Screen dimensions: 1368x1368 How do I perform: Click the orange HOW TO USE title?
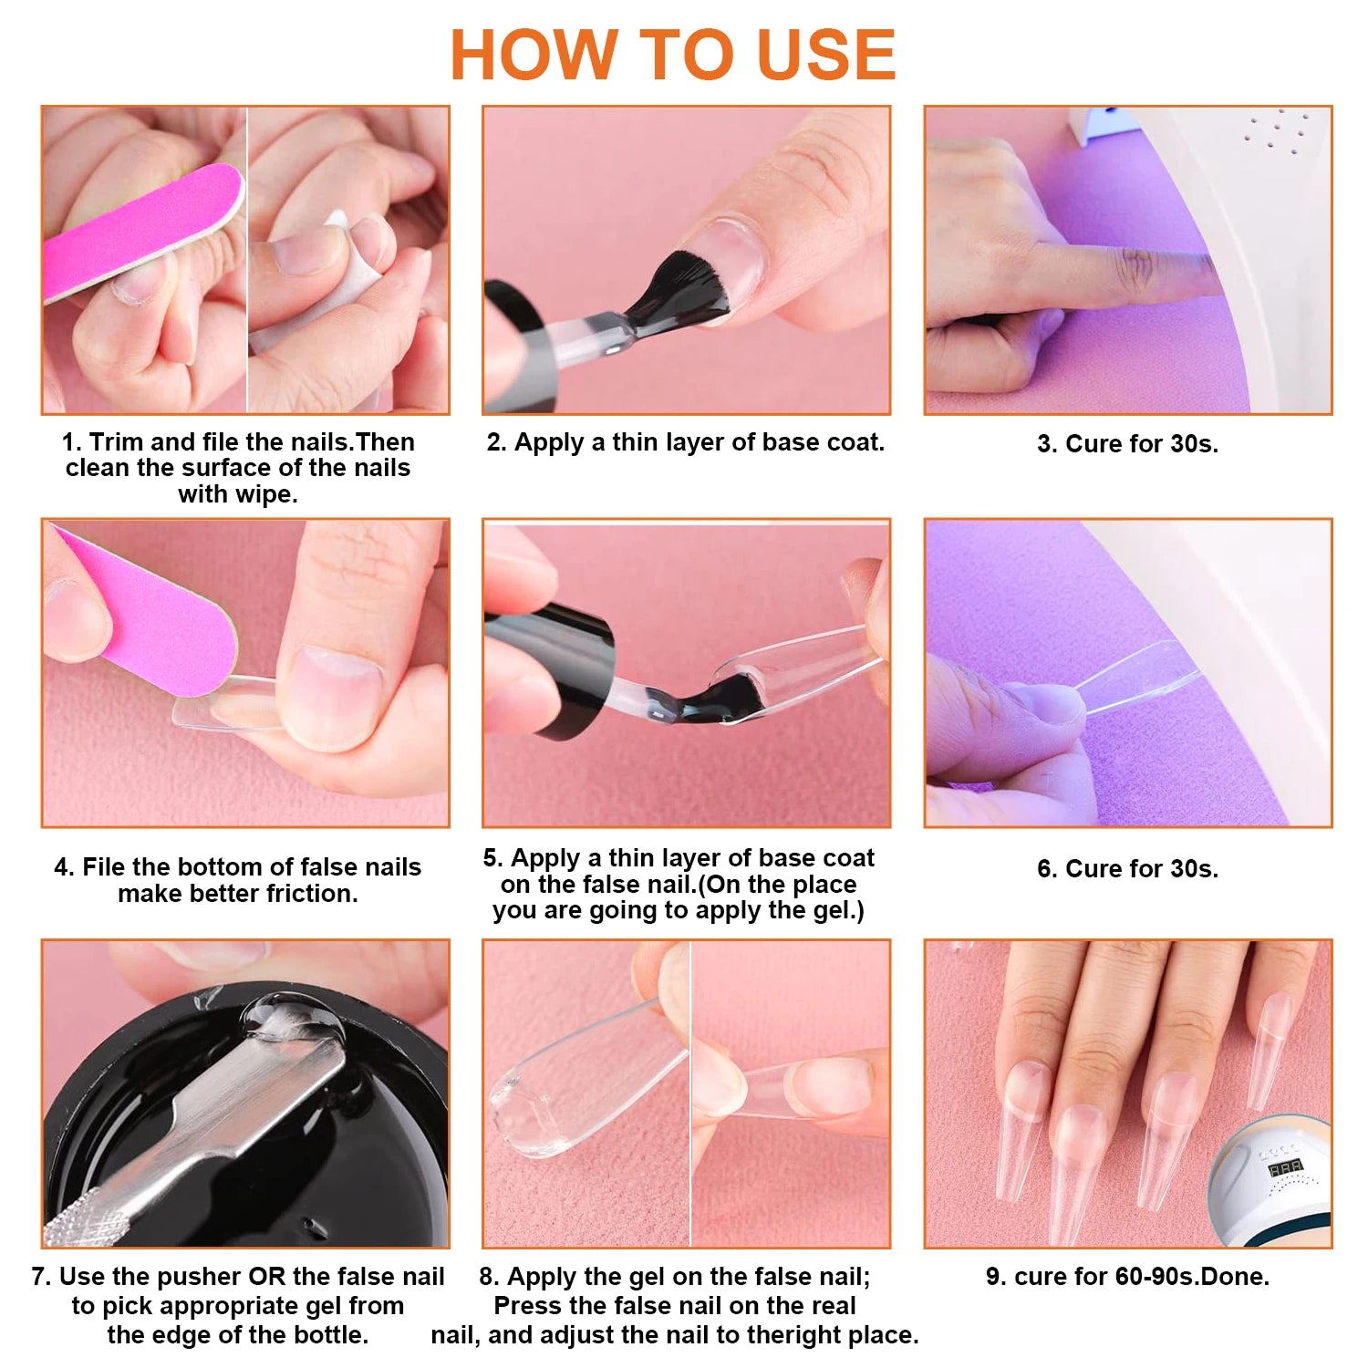[673, 55]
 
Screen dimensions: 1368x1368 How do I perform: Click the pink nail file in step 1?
[141, 232]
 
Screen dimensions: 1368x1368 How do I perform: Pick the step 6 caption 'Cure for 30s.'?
[1127, 869]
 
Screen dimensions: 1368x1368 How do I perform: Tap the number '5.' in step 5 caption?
[493, 858]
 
